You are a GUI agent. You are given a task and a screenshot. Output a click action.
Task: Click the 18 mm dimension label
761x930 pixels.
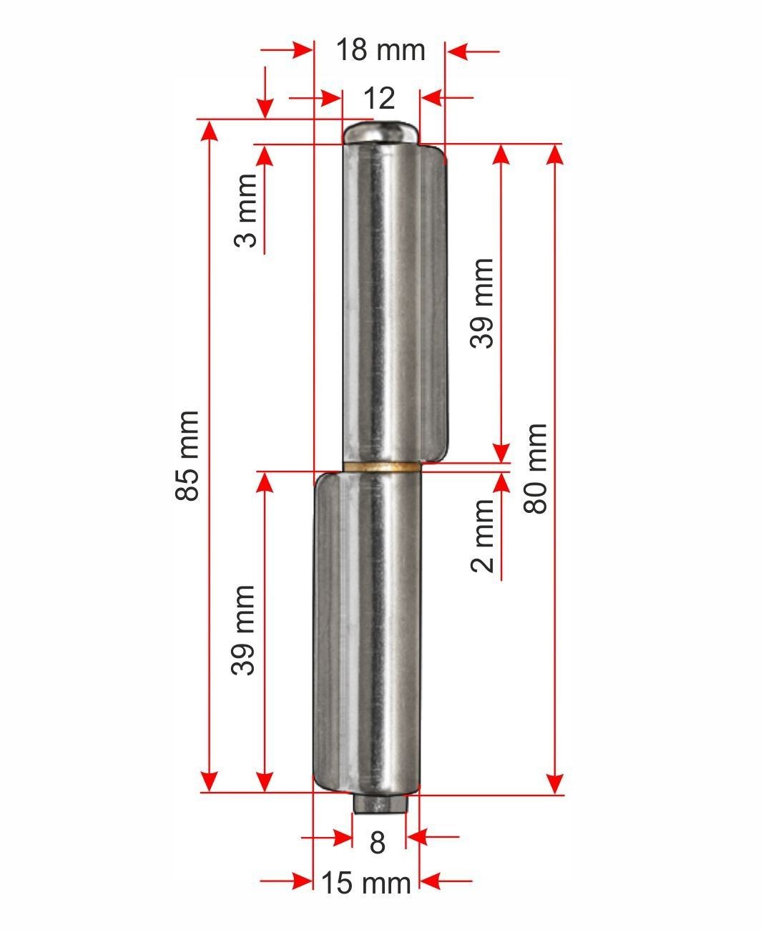click(380, 50)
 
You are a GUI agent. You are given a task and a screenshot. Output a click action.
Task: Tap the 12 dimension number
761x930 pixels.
click(379, 98)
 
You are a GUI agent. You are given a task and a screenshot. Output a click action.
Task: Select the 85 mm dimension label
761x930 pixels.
click(187, 456)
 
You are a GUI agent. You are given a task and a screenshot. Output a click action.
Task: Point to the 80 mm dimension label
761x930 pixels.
click(535, 469)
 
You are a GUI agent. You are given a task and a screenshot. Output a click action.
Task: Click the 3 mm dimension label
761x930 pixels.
click(245, 210)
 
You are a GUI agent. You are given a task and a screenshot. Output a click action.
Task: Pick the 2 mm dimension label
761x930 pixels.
click(483, 536)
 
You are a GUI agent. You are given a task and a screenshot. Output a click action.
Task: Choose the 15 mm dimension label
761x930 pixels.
click(366, 883)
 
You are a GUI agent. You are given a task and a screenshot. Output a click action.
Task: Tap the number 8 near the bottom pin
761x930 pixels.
click(378, 843)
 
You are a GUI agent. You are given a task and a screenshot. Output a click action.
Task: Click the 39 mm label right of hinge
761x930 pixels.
click(481, 304)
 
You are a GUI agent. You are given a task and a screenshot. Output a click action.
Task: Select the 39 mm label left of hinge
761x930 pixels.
click(242, 630)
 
